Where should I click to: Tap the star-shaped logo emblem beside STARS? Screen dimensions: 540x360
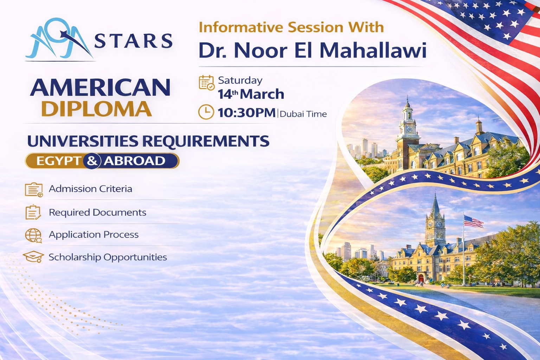pyautogui.click(x=59, y=39)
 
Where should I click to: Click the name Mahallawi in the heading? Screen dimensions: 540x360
pyautogui.click(x=373, y=50)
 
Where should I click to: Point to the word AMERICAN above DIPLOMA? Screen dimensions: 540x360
pyautogui.click(x=100, y=87)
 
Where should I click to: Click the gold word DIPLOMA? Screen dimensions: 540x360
pyautogui.click(x=96, y=109)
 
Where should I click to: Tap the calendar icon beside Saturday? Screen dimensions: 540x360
pyautogui.click(x=207, y=83)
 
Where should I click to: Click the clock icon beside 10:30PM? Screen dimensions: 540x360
pyautogui.click(x=206, y=112)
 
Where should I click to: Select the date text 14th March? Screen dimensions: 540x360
pyautogui.click(x=251, y=94)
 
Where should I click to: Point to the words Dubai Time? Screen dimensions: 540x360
pyautogui.click(x=303, y=114)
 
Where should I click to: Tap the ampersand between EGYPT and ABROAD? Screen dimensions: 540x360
pyautogui.click(x=92, y=161)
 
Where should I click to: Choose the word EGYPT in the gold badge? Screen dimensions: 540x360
pyautogui.click(x=59, y=161)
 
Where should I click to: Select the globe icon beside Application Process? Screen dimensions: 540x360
pyautogui.click(x=33, y=235)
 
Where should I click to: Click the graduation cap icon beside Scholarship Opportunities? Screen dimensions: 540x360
pyautogui.click(x=33, y=257)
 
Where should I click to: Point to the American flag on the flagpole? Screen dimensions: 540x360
pyautogui.click(x=473, y=221)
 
